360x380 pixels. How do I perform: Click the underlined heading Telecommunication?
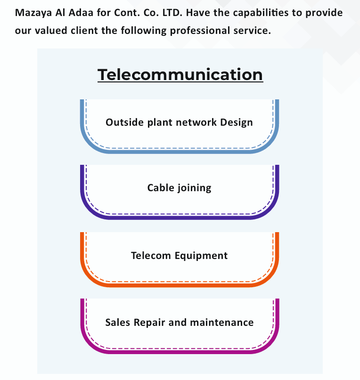[x=180, y=74]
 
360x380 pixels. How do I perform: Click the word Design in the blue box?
[x=237, y=122]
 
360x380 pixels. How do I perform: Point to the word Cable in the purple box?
[x=161, y=188]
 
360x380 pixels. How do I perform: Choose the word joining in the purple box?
[x=194, y=188]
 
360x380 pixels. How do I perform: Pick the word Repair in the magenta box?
[x=149, y=323]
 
